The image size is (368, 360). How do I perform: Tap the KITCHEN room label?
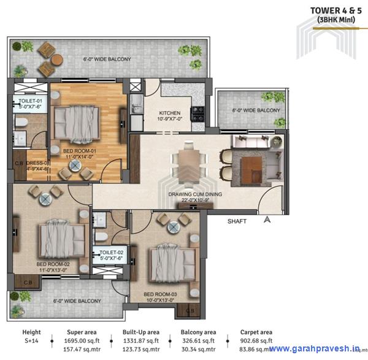click(x=169, y=113)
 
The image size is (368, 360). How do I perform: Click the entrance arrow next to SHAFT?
click(x=266, y=219)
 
